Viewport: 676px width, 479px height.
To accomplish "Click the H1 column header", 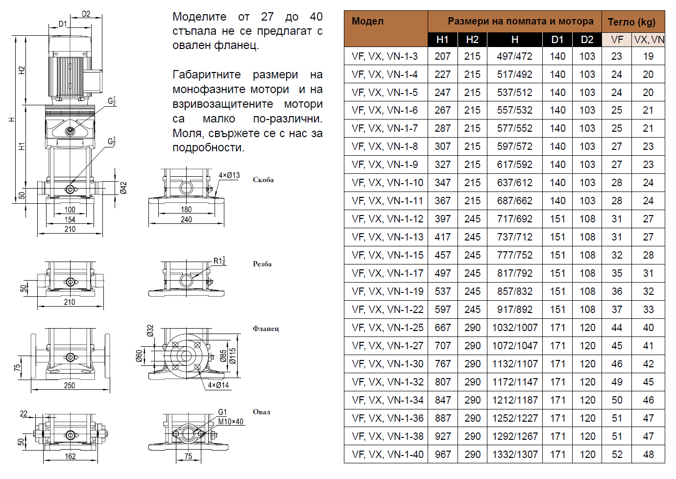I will tap(442, 40).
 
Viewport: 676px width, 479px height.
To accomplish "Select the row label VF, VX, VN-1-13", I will tap(387, 237).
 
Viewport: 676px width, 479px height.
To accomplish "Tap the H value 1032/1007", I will tap(514, 328).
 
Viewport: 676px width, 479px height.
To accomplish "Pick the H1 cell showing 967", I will tap(442, 455).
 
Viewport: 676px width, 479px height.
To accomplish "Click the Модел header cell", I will tap(368, 21).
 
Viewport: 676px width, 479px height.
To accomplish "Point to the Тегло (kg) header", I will tap(631, 22).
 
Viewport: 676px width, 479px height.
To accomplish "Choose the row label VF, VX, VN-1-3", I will tap(385, 56).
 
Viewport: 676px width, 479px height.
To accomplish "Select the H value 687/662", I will tap(514, 201).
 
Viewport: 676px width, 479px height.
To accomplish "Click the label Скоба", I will tap(263, 180).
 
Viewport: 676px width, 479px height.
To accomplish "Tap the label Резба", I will tap(262, 264).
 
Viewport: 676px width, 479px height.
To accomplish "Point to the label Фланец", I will tap(266, 329).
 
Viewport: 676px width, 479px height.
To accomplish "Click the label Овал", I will tap(261, 412).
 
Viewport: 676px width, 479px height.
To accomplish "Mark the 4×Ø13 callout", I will tap(229, 175).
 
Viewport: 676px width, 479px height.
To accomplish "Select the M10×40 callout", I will tap(230, 422).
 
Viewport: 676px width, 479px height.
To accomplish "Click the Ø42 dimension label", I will tap(123, 188).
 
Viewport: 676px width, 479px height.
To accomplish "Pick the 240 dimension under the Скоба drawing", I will tap(186, 220).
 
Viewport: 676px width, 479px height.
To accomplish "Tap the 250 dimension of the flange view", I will tap(70, 385).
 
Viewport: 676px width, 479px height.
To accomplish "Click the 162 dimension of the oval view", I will tap(70, 456).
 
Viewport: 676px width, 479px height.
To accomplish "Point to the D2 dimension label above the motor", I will tap(86, 14).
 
